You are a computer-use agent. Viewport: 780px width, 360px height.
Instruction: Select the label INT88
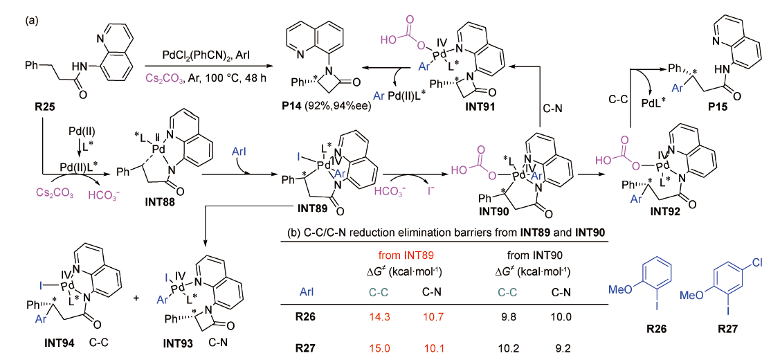(x=158, y=201)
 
